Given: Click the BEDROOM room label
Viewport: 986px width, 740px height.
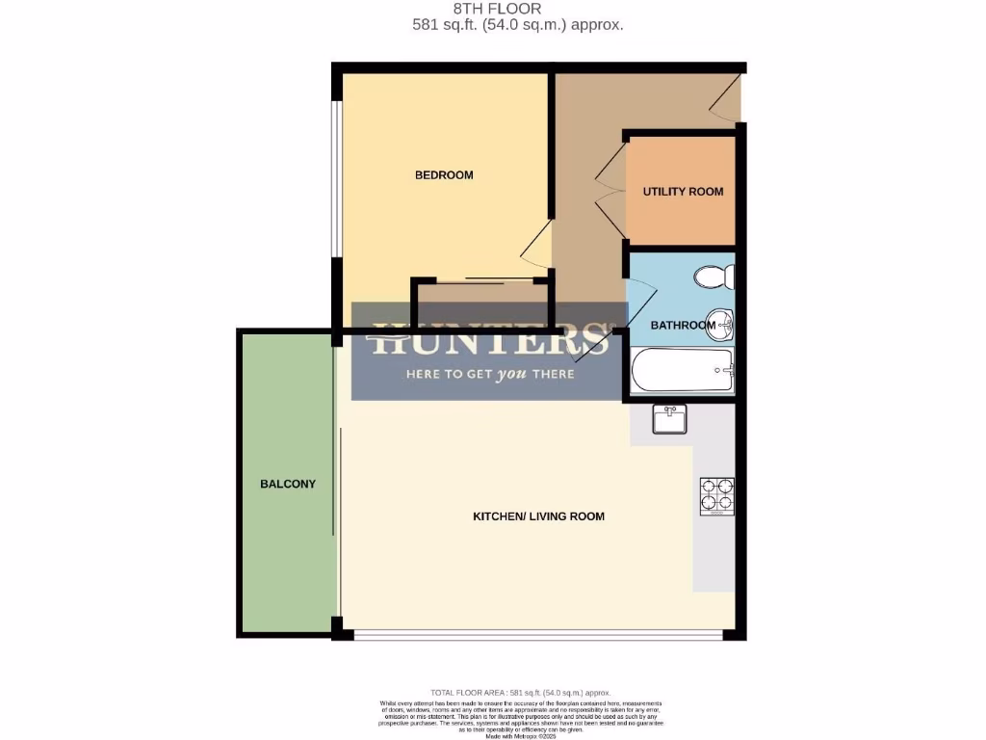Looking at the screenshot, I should tap(444, 175).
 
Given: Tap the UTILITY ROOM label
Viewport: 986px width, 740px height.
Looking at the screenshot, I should tap(683, 192).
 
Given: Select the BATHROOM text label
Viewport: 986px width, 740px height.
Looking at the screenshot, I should tap(683, 326).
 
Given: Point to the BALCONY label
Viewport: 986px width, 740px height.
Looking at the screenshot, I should tap(288, 484).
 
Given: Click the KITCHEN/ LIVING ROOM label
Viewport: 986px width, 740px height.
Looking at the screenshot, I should tap(538, 516).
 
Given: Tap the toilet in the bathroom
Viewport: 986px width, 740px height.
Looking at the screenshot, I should tap(715, 277).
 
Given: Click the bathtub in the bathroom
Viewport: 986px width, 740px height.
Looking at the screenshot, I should tap(682, 370).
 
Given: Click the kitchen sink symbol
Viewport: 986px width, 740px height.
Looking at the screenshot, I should tap(669, 419).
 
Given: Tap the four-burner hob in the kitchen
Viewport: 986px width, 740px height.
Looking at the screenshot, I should tap(716, 496).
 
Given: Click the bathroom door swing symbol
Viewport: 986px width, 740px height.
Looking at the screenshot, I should tap(641, 288).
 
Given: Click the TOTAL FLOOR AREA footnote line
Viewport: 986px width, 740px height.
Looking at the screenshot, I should tap(521, 693).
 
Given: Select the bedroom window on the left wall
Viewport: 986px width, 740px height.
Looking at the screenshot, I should tap(337, 178).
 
